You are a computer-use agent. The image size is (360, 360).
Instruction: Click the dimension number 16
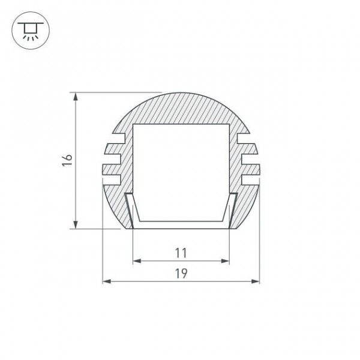coord(67,160)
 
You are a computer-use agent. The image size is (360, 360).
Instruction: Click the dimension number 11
coord(181,253)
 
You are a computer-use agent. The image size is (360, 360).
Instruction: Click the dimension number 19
coord(181,274)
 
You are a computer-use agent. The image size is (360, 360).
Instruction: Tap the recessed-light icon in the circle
coord(31,31)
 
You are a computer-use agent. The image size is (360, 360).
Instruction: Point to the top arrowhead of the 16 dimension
coord(76,97)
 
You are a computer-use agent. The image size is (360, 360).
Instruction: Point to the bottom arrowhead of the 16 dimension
coord(76,224)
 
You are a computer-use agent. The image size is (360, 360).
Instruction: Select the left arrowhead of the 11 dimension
coord(137,261)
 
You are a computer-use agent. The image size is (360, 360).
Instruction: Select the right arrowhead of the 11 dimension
coord(225,261)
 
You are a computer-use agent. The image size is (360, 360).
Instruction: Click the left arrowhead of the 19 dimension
coord(107,281)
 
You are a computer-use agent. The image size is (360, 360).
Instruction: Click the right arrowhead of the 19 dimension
coord(256,281)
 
